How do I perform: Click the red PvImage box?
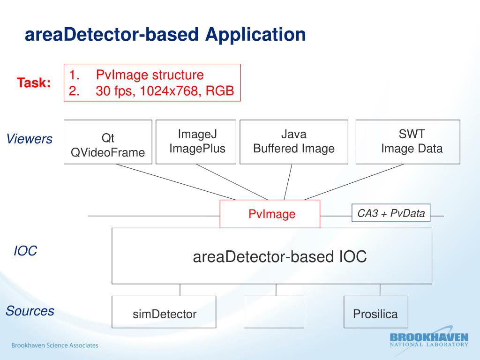[270, 214]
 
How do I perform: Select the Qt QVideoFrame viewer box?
[108, 142]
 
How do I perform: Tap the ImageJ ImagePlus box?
[196, 142]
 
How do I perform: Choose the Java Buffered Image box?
[294, 142]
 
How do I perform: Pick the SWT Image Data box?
[408, 142]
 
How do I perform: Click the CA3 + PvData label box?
[391, 213]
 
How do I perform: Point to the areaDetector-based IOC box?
[272, 256]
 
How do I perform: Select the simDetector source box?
[164, 312]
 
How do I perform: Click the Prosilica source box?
[376, 312]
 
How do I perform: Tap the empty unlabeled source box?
[274, 312]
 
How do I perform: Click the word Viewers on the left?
[30, 139]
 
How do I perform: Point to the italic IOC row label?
[25, 251]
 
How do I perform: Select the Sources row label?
[30, 311]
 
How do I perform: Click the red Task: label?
[34, 82]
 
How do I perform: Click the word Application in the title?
[255, 35]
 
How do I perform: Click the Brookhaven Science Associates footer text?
[55, 345]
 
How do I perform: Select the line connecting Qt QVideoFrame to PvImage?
[176, 182]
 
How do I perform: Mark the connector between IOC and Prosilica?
[380, 290]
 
